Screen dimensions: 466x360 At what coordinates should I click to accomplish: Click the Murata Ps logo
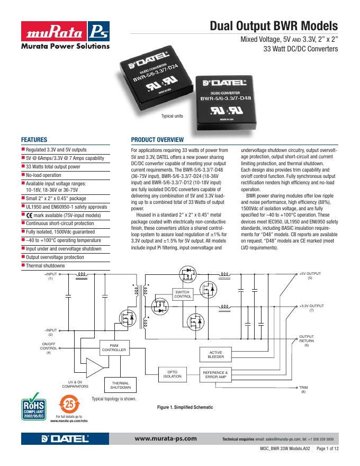pyautogui.click(x=65, y=33)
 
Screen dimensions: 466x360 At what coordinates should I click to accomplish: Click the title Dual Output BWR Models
pyautogui.click(x=274, y=26)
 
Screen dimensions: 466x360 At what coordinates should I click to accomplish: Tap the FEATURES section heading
pyautogui.click(x=34, y=140)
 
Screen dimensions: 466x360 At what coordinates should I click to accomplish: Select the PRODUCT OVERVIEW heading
pyautogui.click(x=157, y=140)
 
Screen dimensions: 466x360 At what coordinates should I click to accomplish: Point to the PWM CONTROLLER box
pyautogui.click(x=114, y=348)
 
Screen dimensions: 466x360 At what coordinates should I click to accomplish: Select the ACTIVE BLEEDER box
pyautogui.click(x=216, y=355)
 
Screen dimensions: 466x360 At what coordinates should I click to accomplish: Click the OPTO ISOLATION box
pyautogui.click(x=173, y=374)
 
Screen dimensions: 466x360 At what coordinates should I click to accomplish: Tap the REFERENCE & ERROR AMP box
pyautogui.click(x=215, y=374)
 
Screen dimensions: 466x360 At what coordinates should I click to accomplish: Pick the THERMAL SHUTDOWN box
pyautogui.click(x=121, y=385)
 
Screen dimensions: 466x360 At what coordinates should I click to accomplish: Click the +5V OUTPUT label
pyautogui.click(x=310, y=276)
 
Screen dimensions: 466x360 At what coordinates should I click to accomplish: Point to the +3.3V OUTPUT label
pyautogui.click(x=311, y=308)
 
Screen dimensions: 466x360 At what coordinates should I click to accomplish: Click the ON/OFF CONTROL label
pyautogui.click(x=48, y=347)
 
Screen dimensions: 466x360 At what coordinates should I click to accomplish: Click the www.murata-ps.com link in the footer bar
pyautogui.click(x=166, y=438)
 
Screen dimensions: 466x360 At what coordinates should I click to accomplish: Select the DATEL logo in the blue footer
pyautogui.click(x=65, y=439)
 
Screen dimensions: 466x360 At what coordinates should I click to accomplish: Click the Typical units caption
pyautogui.click(x=172, y=116)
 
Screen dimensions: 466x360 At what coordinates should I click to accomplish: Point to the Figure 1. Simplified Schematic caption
pyautogui.click(x=185, y=407)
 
